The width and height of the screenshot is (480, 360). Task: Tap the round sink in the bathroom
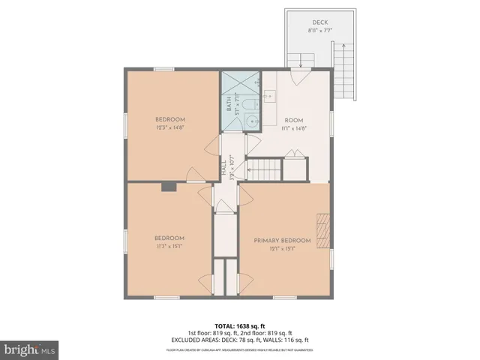[254, 121]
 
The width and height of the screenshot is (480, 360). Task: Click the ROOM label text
[293, 120]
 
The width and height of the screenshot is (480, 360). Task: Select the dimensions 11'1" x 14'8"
[293, 127]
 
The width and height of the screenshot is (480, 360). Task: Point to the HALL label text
[223, 167]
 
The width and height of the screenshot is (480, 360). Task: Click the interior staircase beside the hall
[264, 169]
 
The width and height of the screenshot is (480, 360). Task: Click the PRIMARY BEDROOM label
[283, 240]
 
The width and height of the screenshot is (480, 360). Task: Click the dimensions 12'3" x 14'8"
[170, 127]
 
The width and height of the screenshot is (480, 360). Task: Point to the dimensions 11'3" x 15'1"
[170, 244]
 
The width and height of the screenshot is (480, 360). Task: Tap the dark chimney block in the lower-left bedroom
[169, 187]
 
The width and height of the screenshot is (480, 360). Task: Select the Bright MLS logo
[30, 349]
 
